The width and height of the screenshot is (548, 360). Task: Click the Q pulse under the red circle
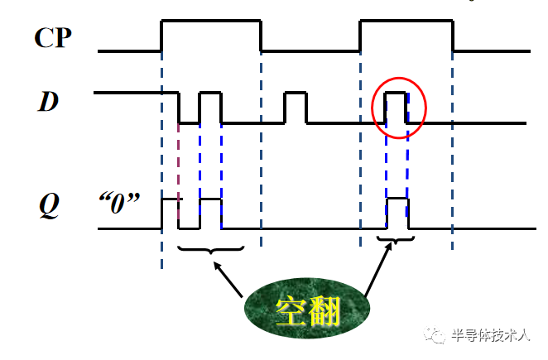pyautogui.click(x=397, y=213)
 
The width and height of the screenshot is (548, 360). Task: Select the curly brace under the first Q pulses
pyautogui.click(x=211, y=247)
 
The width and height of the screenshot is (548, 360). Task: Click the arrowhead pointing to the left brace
pyautogui.click(x=218, y=266)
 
